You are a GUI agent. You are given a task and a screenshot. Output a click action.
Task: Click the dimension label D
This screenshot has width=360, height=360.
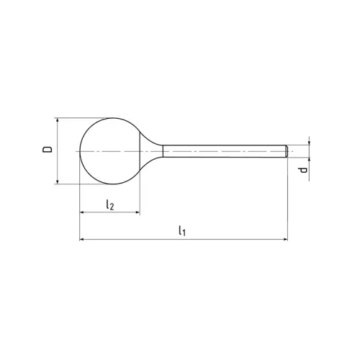pos(47,150)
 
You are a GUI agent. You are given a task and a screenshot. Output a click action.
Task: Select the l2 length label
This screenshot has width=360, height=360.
pos(109,204)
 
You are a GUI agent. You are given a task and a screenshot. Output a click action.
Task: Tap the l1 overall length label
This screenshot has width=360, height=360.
pos(181,230)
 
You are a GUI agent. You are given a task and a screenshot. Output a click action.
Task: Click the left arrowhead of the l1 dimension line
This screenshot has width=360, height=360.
pos(82,238)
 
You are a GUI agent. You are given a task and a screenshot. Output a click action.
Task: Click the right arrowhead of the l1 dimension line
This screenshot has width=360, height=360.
pos(284,238)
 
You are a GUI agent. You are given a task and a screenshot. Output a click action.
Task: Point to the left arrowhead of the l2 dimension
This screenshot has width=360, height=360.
pos(82,213)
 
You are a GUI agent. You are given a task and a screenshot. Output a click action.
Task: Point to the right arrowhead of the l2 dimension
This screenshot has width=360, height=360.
pos(137,213)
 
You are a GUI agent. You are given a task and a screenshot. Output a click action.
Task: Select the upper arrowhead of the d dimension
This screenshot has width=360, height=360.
pos(308,143)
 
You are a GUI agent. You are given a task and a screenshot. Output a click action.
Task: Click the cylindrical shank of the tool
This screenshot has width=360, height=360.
pos(223,151)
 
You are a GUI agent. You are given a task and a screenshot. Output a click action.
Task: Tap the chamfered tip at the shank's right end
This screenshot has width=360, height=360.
pos(286,151)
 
